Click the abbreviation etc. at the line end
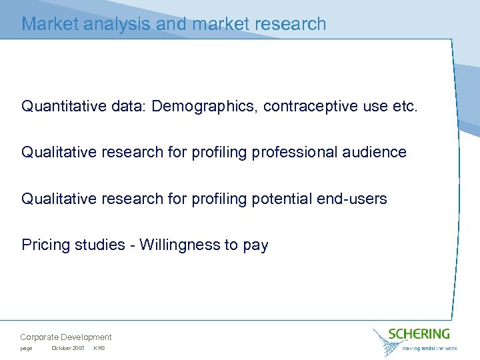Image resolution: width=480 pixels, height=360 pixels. pyautogui.click(x=405, y=106)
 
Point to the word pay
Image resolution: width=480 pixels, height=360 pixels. pyautogui.click(x=255, y=246)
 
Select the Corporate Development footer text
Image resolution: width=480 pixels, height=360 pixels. pyautogui.click(x=66, y=337)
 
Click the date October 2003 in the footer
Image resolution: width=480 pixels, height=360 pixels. pyautogui.click(x=67, y=349)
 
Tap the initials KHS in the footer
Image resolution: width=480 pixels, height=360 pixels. pyautogui.click(x=99, y=349)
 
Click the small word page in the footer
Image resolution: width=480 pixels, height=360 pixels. pyautogui.click(x=26, y=349)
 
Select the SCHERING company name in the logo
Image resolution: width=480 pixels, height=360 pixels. pyautogui.click(x=419, y=333)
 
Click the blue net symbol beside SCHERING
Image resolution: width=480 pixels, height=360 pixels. pyautogui.click(x=386, y=341)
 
